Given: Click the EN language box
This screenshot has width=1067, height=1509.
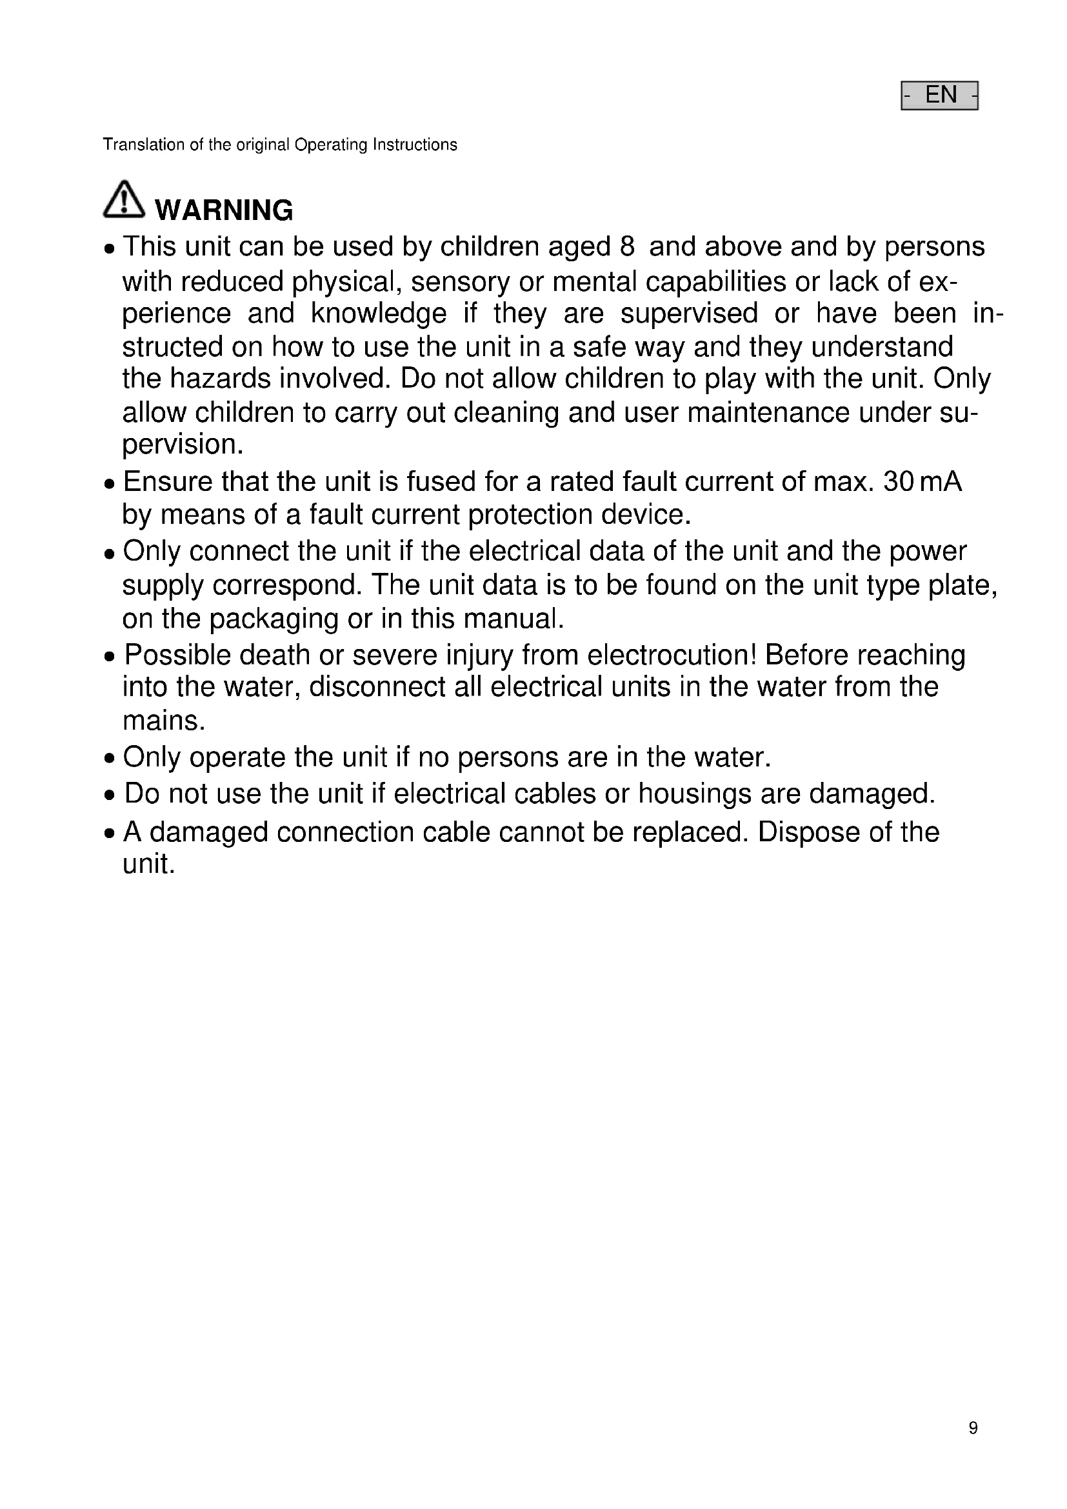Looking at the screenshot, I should coord(939,95).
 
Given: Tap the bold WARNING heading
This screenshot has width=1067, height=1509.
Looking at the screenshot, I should coord(223,210).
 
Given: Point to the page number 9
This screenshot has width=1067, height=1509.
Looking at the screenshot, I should coord(973,1428).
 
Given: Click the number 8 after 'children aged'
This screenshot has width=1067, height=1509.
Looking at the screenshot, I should coord(627,246).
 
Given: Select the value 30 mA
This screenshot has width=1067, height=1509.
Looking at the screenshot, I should coord(922,482).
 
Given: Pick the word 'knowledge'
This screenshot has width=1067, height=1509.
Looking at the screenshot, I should coord(379,313).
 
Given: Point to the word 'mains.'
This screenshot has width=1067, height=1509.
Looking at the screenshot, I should coord(165,721).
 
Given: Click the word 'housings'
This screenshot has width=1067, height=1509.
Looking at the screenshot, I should coord(695,794).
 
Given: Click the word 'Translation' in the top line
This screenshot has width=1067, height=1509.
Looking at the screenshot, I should coord(144,145).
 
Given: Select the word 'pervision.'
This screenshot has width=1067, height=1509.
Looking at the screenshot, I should coord(183,445).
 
